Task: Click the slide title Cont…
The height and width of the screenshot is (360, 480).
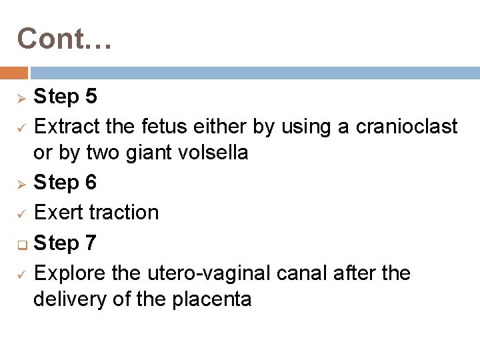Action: coord(65,39)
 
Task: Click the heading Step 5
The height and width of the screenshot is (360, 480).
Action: coord(65,97)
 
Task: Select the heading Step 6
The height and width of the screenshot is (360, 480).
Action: coord(65,182)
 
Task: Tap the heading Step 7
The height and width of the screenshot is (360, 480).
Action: coord(65,243)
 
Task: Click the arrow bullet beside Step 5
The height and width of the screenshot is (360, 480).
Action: coord(21,98)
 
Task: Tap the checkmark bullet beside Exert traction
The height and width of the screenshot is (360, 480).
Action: coord(21,213)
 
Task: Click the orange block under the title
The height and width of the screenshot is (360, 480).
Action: coord(14,73)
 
